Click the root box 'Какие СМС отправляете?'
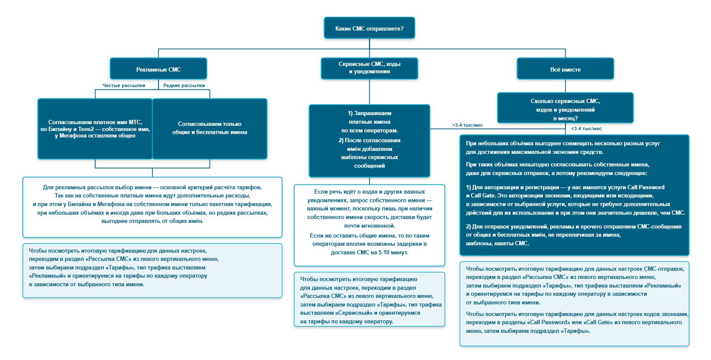369,28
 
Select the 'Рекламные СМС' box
159,69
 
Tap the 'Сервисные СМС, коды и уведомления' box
369,68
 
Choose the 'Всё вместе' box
565,69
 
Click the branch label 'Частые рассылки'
124,85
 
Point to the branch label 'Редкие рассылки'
184,85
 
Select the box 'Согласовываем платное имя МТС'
95,129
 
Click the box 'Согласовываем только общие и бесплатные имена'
210,129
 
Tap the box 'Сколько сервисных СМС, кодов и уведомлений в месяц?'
565,108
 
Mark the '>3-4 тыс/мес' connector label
467,125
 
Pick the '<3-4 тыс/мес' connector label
586,128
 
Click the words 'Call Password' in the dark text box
646,187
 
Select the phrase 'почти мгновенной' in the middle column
369,226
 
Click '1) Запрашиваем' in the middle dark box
369,113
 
